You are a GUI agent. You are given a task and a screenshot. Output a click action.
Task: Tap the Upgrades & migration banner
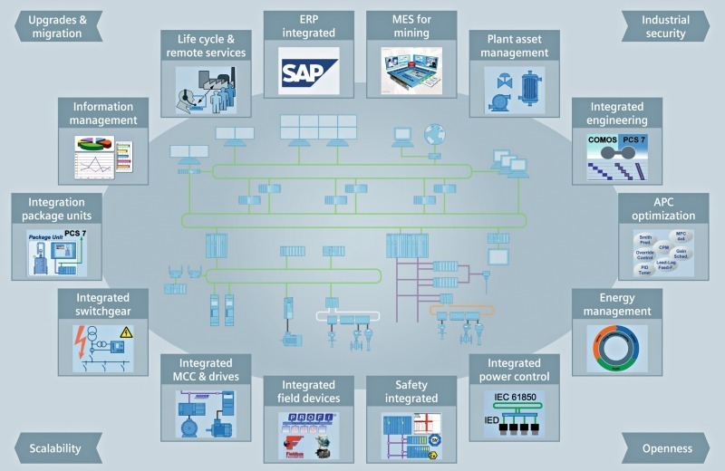[56, 27]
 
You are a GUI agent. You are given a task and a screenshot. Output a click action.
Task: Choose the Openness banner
[668, 447]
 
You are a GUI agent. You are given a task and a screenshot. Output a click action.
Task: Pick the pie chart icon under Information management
[92, 145]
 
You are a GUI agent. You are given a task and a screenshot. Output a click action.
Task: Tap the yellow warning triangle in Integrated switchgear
[126, 333]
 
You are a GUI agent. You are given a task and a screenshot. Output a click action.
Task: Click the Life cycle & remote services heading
[206, 46]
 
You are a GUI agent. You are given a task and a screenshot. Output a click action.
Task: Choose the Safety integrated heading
[405, 391]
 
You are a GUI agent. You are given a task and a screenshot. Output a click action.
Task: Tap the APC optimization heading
[669, 209]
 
